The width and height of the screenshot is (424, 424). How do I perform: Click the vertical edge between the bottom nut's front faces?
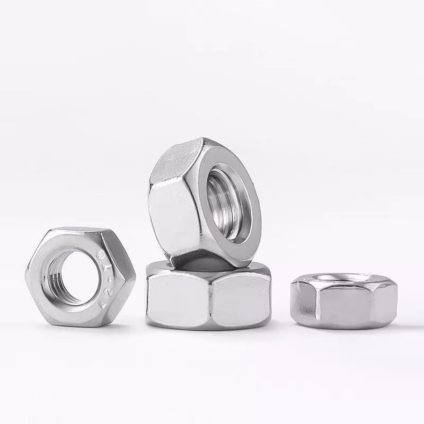pos(213,299)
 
